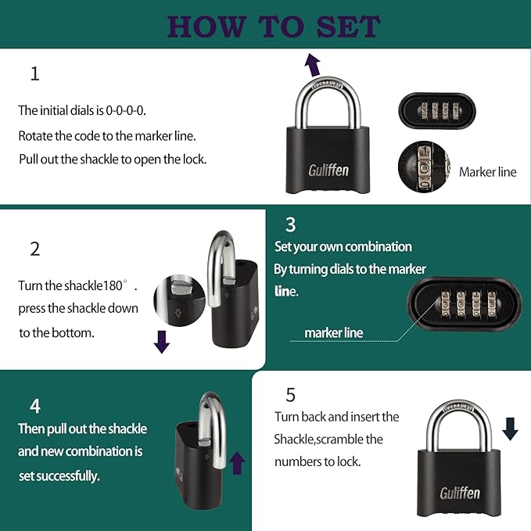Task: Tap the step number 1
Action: click(x=34, y=74)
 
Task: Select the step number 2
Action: click(x=34, y=249)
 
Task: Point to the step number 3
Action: click(x=290, y=225)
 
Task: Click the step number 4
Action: click(x=34, y=406)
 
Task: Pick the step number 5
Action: click(x=290, y=394)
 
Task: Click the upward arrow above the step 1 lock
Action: click(x=312, y=63)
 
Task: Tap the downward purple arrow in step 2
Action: click(x=162, y=342)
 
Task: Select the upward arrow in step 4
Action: click(x=237, y=462)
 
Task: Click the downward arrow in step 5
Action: click(x=510, y=428)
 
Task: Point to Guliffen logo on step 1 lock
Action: click(x=328, y=170)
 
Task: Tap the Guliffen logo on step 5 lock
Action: click(x=459, y=493)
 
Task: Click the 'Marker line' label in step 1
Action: click(x=487, y=172)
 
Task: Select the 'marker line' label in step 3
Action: click(x=334, y=333)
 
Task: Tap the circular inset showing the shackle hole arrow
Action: click(x=178, y=300)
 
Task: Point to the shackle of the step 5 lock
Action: click(x=460, y=422)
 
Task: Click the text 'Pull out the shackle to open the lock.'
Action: click(x=113, y=160)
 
